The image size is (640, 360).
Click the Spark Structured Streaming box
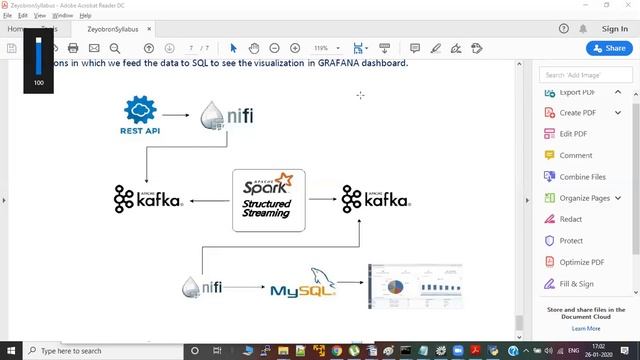pyautogui.click(x=268, y=200)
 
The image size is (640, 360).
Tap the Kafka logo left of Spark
pyautogui.click(x=148, y=198)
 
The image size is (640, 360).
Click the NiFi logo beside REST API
pyautogui.click(x=227, y=116)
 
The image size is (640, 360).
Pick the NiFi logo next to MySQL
pyautogui.click(x=202, y=287)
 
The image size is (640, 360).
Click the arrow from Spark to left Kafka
pyautogui.click(x=209, y=201)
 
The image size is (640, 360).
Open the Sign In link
pyautogui.click(x=615, y=29)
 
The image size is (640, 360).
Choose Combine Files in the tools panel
pyautogui.click(x=582, y=177)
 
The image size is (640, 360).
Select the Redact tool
pyautogui.click(x=570, y=219)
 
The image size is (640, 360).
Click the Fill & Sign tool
pyautogui.click(x=576, y=284)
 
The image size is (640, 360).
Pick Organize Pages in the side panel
pyautogui.click(x=584, y=198)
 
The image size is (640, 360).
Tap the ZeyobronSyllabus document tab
pyautogui.click(x=112, y=29)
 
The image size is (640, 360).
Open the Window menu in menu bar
pyautogui.click(x=62, y=16)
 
